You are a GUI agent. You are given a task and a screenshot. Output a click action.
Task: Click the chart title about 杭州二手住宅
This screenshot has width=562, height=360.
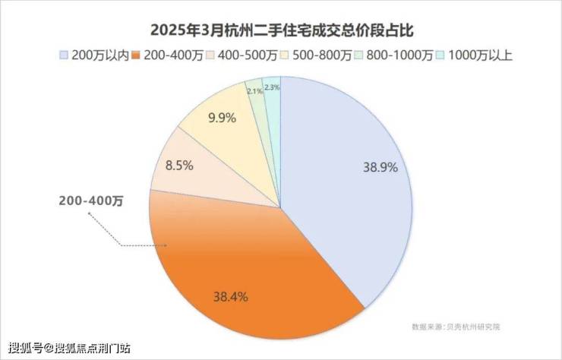click(x=281, y=30)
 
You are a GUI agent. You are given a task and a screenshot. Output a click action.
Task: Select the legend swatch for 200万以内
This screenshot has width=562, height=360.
click(x=65, y=55)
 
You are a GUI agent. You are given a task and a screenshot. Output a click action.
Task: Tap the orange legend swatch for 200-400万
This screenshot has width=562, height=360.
click(x=137, y=55)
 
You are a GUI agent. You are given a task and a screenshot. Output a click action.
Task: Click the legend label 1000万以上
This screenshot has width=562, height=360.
click(x=480, y=55)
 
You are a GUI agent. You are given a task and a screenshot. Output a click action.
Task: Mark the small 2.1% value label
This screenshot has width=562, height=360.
click(x=254, y=91)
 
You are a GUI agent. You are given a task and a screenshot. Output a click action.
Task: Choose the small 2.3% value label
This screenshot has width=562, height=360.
click(x=272, y=87)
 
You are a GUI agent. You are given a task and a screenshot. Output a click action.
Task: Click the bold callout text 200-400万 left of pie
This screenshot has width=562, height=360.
click(x=91, y=201)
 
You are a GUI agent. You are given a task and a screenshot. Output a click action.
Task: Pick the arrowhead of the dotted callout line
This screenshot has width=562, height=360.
click(x=90, y=213)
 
